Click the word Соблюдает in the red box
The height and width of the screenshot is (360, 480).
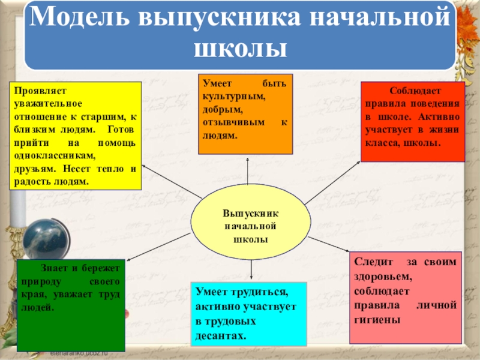click(416, 91)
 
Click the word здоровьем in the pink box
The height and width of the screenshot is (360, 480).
click(383, 277)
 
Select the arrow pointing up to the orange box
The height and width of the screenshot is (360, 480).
click(247, 174)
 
